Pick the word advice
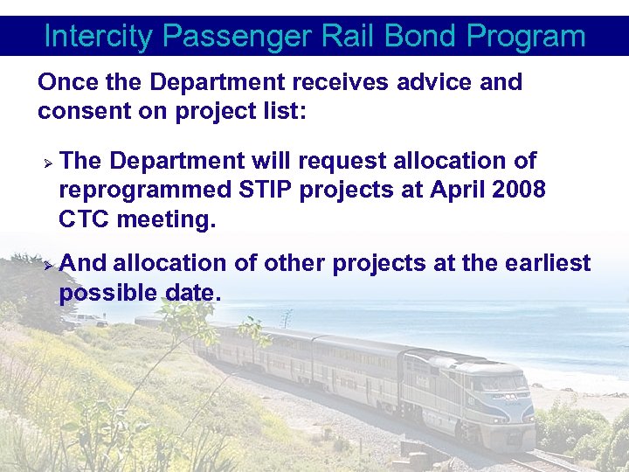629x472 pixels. pyautogui.click(x=434, y=82)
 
